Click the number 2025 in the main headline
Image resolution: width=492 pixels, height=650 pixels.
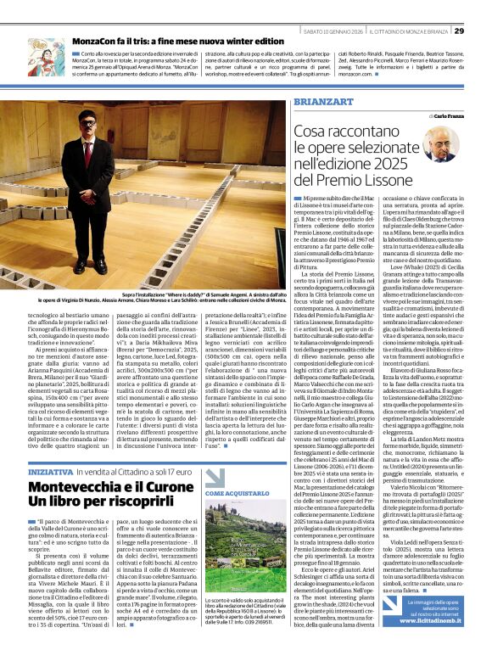pyautogui.click(x=418, y=164)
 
